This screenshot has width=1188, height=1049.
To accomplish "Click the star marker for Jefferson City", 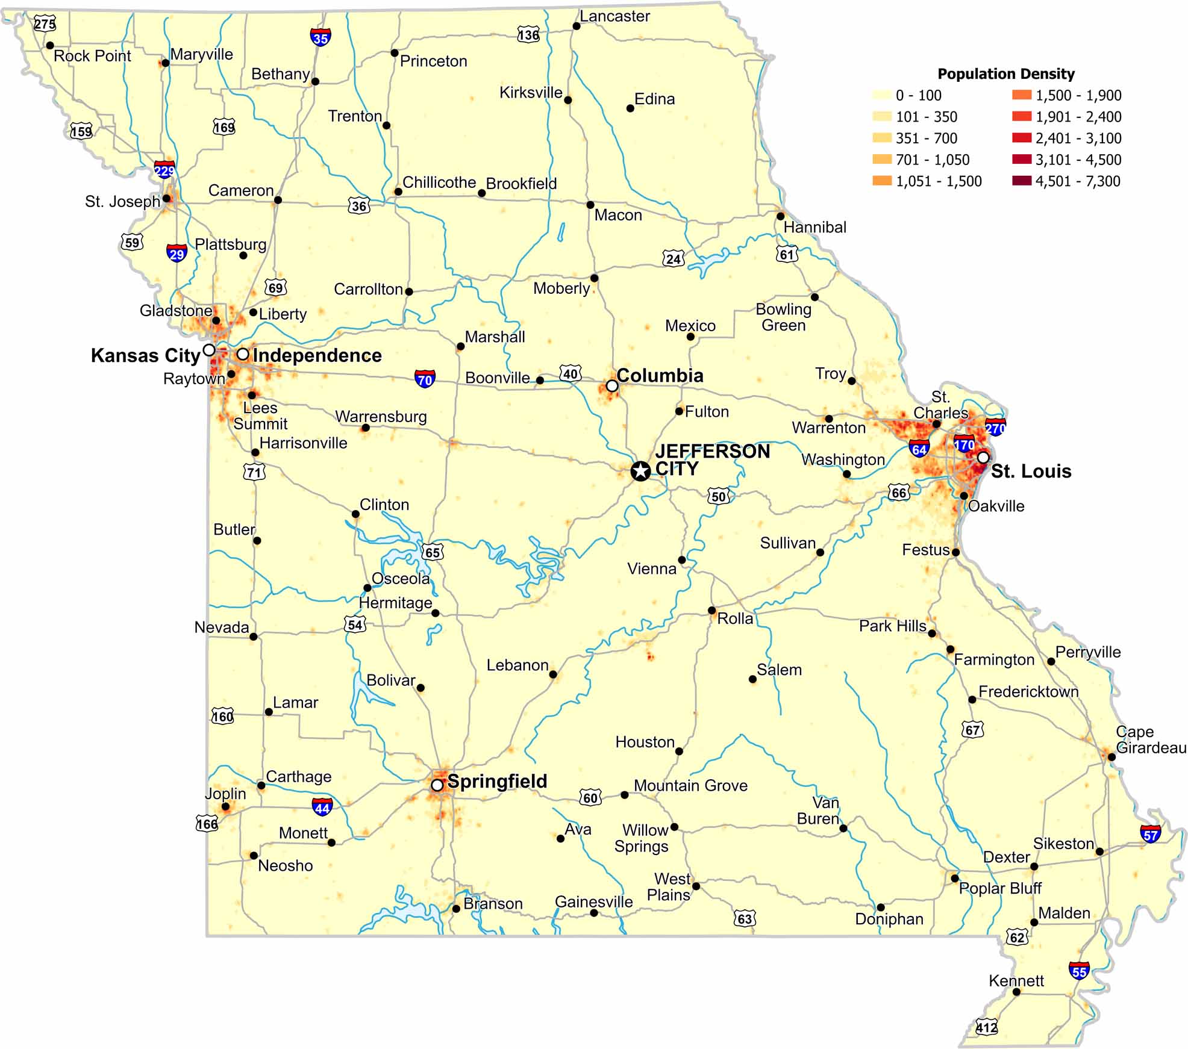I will [640, 471].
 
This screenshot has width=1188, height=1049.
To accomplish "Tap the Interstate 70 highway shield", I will [425, 379].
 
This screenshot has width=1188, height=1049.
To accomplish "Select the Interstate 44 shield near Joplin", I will [322, 807].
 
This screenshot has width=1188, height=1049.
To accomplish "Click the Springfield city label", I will [496, 782].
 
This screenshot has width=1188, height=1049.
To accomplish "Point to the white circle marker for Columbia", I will [611, 385].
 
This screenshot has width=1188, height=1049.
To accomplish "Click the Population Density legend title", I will [1005, 74].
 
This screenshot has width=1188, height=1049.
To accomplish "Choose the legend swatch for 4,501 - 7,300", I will [1022, 181].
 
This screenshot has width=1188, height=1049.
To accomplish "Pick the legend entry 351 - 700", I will [926, 139].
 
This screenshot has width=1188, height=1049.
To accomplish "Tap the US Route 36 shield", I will [358, 206].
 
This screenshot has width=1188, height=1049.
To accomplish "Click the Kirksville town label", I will [530, 93].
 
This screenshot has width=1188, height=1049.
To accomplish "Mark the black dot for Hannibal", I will [780, 216].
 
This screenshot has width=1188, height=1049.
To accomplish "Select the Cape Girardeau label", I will [1149, 739].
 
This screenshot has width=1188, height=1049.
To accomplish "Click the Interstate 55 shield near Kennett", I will [1078, 971].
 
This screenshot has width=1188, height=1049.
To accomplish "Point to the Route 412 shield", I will [986, 1027].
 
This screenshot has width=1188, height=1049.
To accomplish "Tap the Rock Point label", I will [92, 56].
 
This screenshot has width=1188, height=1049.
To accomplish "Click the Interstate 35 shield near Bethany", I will [320, 37].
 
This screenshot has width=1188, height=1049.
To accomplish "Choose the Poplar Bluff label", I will [1000, 888].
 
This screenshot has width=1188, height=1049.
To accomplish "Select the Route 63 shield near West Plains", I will [745, 918].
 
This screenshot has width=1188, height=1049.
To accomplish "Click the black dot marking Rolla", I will [711, 611].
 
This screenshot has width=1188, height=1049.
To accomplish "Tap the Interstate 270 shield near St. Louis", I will [995, 428].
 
